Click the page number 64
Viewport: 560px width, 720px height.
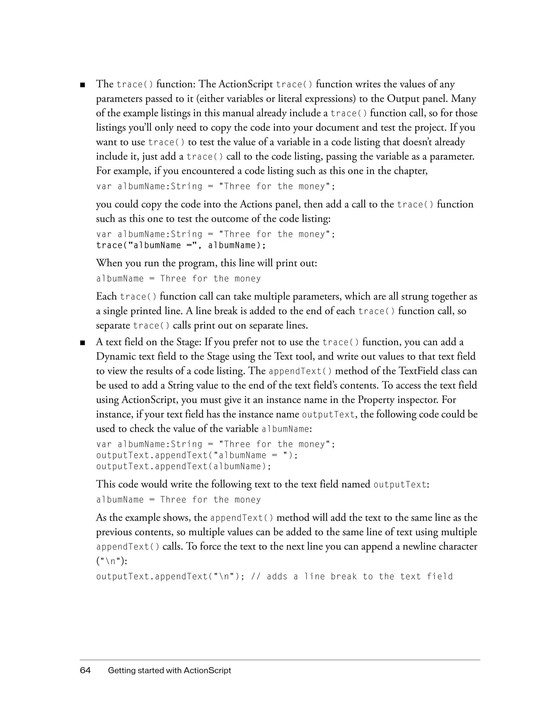pos(85,671)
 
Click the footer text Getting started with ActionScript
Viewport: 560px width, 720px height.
pos(170,671)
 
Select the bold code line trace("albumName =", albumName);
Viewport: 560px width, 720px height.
pos(181,245)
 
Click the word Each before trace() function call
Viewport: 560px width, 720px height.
pos(106,296)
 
